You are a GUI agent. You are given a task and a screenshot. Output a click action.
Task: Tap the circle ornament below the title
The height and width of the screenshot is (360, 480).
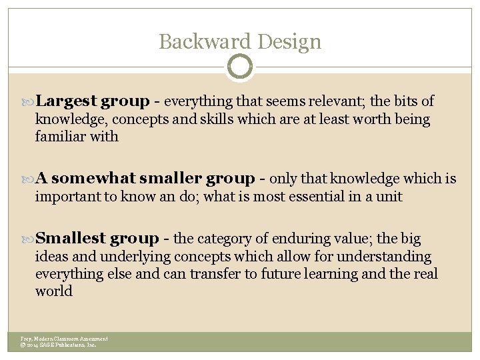240,67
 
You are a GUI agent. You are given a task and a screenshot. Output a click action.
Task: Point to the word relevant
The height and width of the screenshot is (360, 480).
339,101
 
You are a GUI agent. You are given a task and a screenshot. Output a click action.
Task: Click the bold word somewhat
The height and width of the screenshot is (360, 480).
93,179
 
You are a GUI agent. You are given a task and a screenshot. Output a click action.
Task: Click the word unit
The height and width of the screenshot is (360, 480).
391,197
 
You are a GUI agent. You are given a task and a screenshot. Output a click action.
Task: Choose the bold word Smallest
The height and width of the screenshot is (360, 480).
71,239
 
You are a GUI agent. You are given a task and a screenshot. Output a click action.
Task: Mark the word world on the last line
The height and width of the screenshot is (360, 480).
53,291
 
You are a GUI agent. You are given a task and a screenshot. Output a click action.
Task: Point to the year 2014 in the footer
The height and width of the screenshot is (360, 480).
32,345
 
